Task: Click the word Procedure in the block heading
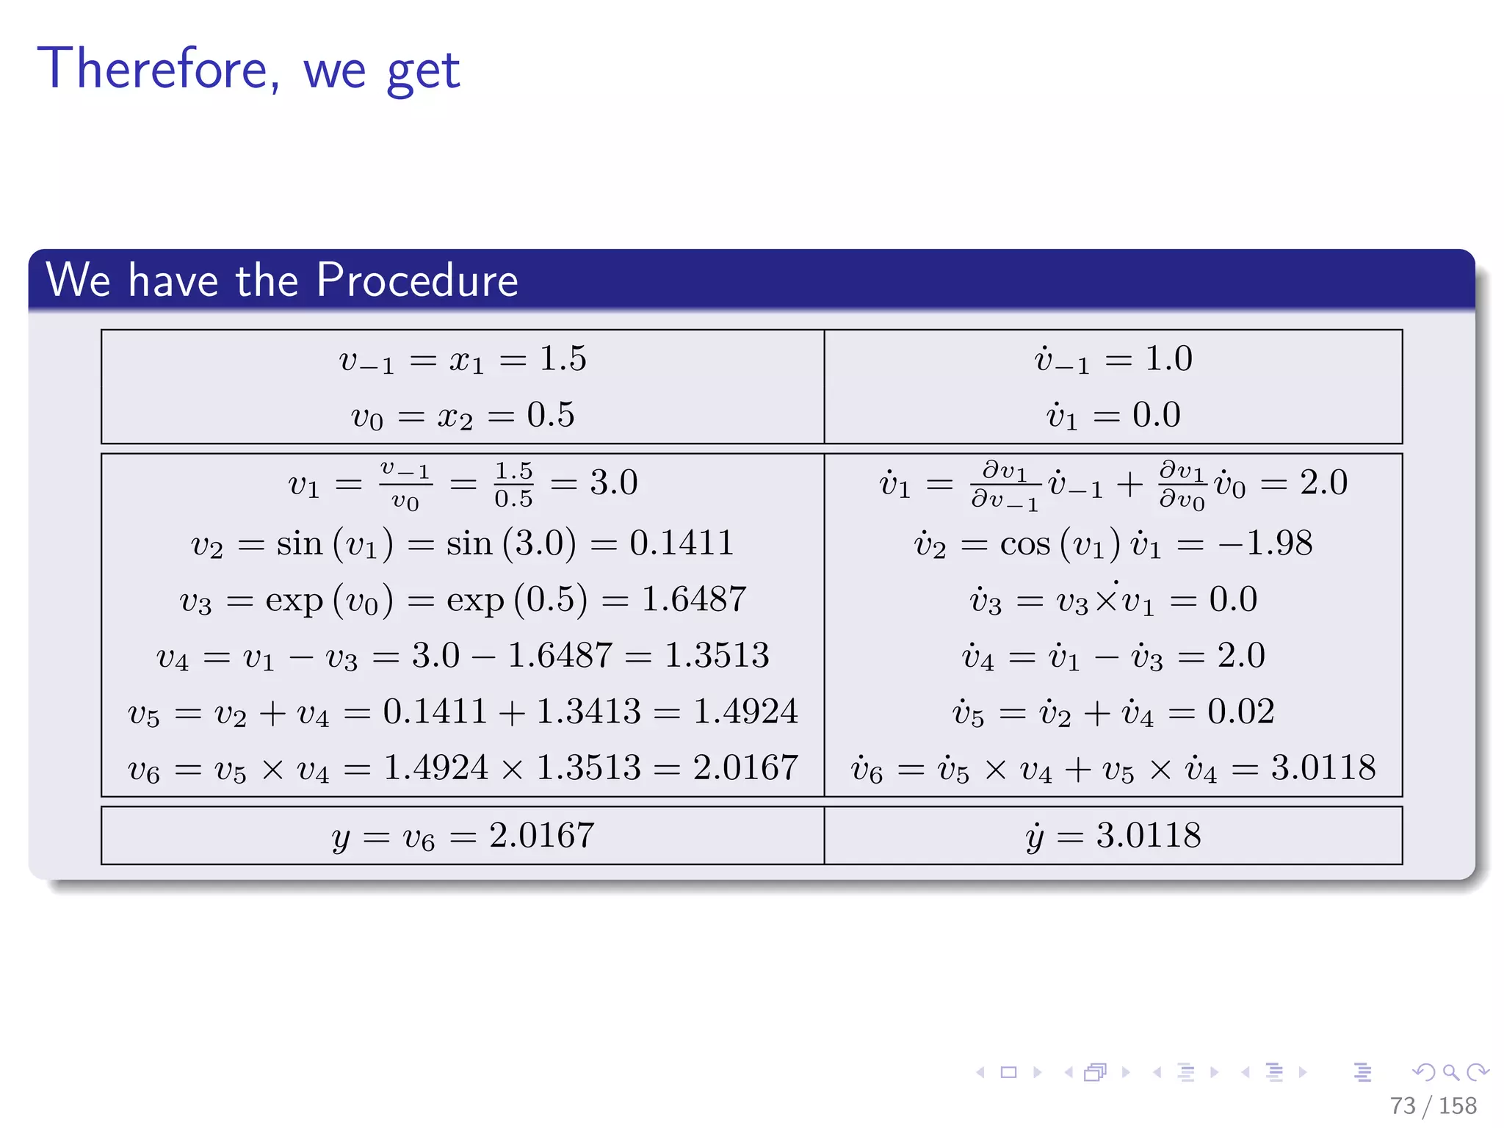(417, 281)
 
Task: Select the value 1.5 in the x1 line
(563, 359)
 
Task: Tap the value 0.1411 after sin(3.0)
(681, 543)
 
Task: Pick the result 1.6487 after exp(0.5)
(694, 600)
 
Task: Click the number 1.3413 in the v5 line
(589, 712)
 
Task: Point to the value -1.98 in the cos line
(1265, 543)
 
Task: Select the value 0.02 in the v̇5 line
(1241, 712)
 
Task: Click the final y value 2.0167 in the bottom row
(542, 836)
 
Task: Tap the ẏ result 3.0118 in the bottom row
(1149, 836)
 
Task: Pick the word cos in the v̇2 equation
(1025, 544)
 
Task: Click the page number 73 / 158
(1433, 1105)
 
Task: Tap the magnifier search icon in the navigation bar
(1451, 1073)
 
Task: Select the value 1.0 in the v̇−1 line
(1168, 359)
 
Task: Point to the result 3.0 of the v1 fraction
(614, 483)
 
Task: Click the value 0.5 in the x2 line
(551, 416)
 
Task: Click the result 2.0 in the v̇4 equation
(1241, 656)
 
